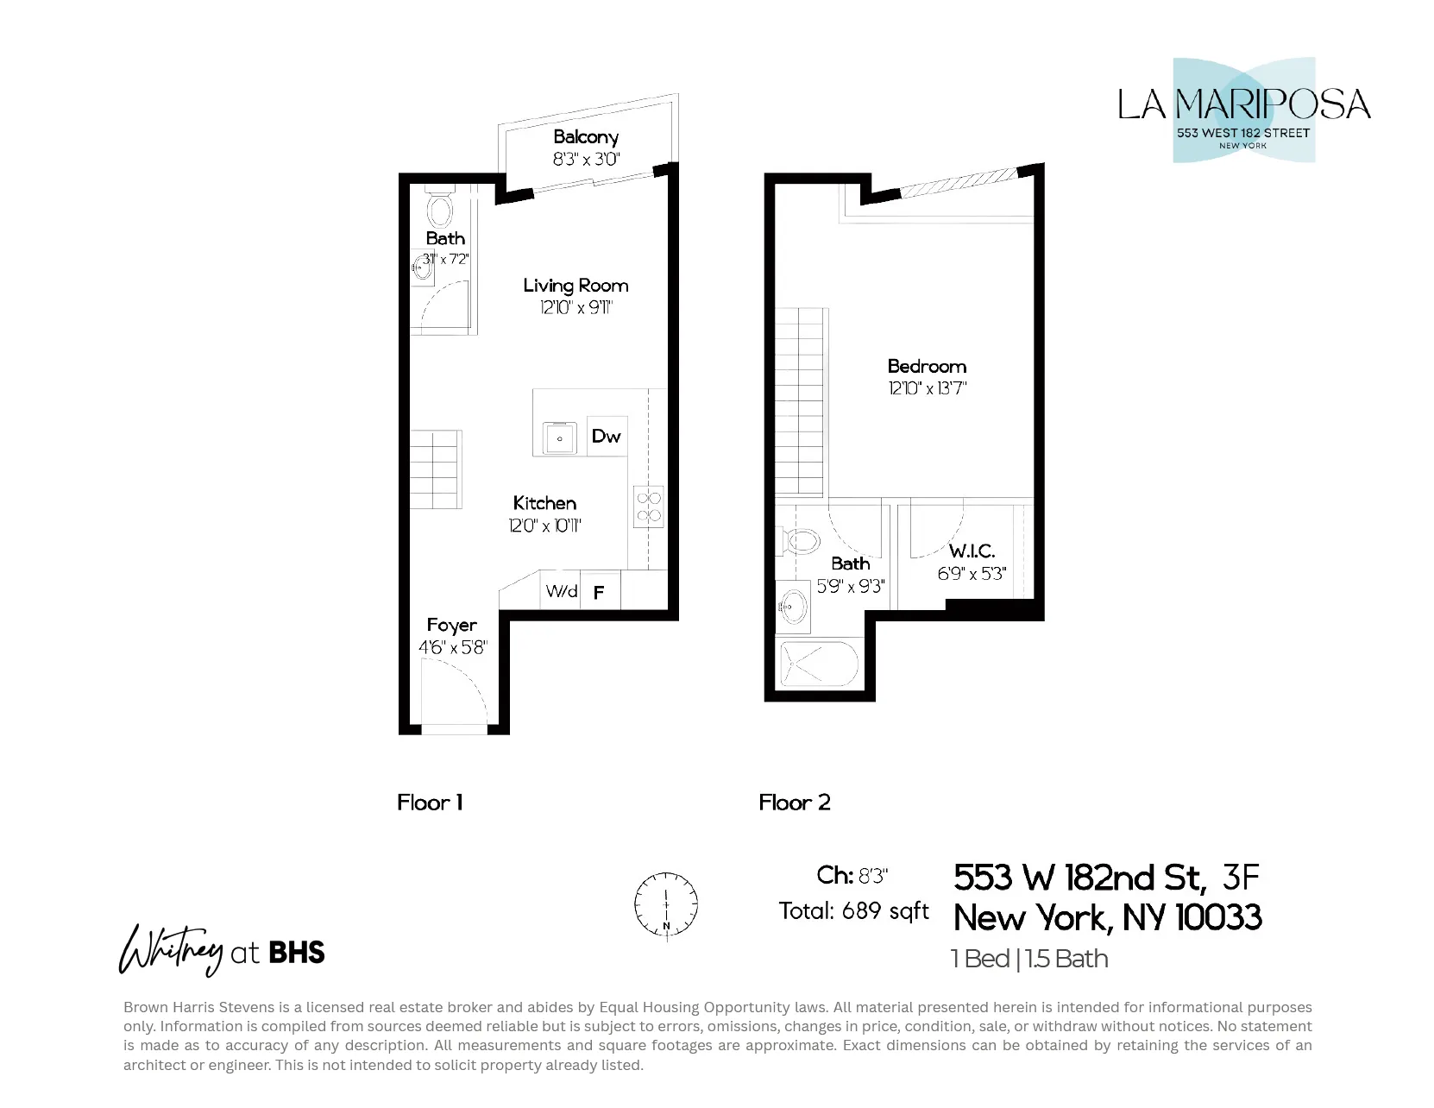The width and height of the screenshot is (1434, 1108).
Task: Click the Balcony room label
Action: (x=586, y=137)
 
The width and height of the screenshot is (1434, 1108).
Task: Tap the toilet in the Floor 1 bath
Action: (x=439, y=210)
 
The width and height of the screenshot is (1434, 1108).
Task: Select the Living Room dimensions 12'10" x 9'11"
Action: (x=575, y=307)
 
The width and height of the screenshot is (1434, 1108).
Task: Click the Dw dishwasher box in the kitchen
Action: (x=606, y=436)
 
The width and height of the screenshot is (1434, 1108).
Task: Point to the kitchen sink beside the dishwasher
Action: (x=560, y=438)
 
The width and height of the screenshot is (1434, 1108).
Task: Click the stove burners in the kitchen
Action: (x=648, y=507)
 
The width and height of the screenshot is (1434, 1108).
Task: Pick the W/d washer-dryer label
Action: (x=562, y=591)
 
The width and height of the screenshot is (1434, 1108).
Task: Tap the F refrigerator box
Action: (x=599, y=592)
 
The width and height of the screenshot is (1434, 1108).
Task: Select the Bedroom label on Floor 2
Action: (x=927, y=366)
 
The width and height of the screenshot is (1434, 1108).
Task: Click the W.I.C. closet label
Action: (x=972, y=551)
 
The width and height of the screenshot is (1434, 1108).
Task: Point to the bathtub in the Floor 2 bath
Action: (x=819, y=664)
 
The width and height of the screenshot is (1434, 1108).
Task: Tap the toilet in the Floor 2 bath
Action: (x=802, y=542)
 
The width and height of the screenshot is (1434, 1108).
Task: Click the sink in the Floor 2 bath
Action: (x=794, y=606)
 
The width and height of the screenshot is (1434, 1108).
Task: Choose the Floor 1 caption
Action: (x=430, y=803)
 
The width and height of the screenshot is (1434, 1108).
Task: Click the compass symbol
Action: (x=666, y=905)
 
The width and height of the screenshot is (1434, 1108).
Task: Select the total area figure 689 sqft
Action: (x=885, y=911)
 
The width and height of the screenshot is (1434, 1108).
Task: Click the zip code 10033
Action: (x=1218, y=917)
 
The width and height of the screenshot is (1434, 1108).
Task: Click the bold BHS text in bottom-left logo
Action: (x=297, y=953)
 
